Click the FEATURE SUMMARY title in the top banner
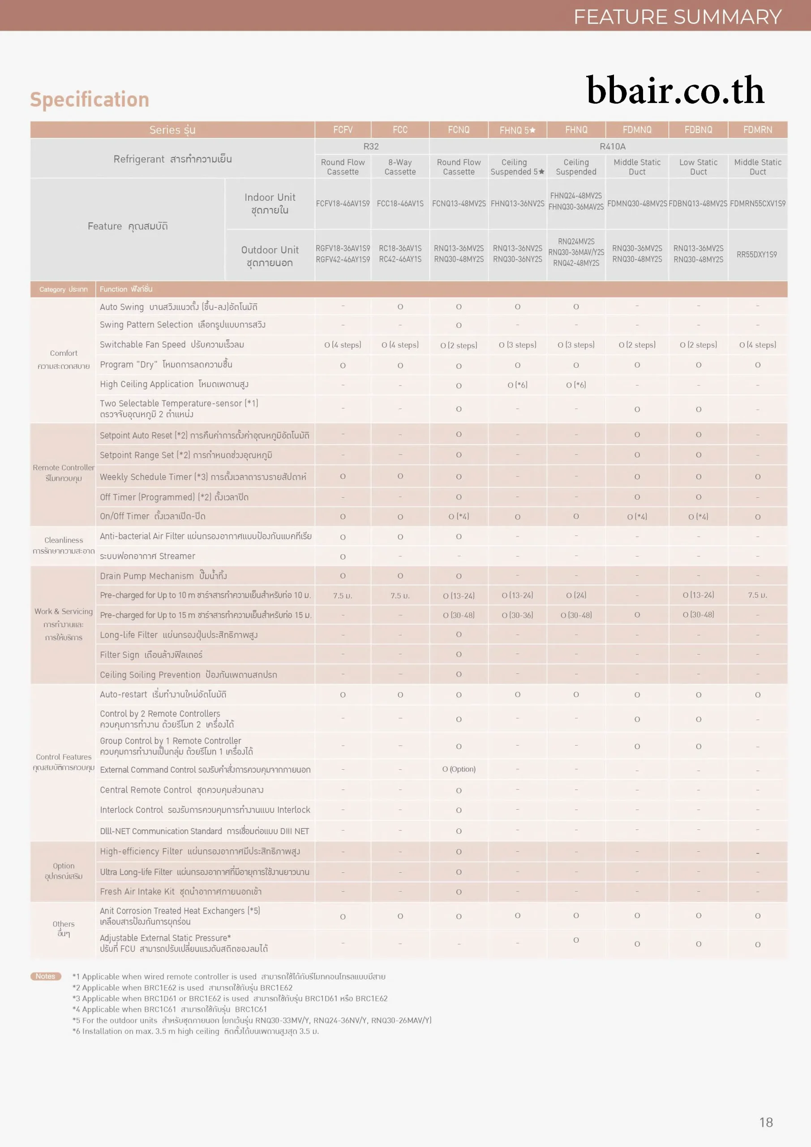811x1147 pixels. [677, 17]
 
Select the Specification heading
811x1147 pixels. [90, 99]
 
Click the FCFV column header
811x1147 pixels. [343, 130]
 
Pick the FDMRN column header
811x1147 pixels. [757, 130]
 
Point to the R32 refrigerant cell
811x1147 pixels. [371, 147]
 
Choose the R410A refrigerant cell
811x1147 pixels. [612, 147]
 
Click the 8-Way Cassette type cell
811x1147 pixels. [400, 167]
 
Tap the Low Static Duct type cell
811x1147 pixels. [698, 167]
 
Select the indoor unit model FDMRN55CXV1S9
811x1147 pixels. [757, 204]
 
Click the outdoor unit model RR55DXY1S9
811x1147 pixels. [756, 255]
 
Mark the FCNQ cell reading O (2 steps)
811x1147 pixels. [459, 345]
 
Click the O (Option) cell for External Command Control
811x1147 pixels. [459, 769]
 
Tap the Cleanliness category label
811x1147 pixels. [64, 540]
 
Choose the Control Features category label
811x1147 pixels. [64, 757]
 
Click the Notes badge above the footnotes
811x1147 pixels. [45, 976]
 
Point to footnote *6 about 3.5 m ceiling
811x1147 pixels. [195, 1031]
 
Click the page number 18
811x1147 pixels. [766, 1122]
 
